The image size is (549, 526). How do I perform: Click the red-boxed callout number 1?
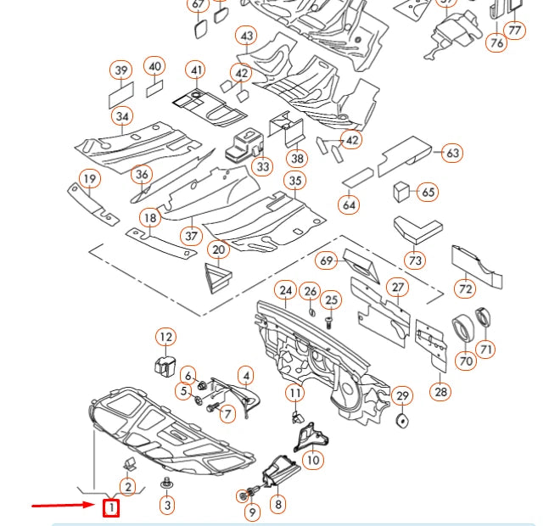[110, 508]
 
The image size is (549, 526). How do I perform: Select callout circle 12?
[165, 338]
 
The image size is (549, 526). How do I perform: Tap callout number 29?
[402, 395]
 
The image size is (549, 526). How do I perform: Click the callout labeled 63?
[452, 154]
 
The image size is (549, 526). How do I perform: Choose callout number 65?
[429, 193]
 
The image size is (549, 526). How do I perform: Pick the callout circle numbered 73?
[415, 260]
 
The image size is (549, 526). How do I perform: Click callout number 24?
[286, 292]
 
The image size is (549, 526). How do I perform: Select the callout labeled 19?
[89, 179]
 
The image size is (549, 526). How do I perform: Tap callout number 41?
[196, 70]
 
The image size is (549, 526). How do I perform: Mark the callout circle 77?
[514, 31]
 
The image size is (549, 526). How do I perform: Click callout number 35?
[294, 181]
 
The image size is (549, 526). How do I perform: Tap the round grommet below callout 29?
[402, 419]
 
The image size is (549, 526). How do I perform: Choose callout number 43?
[247, 36]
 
